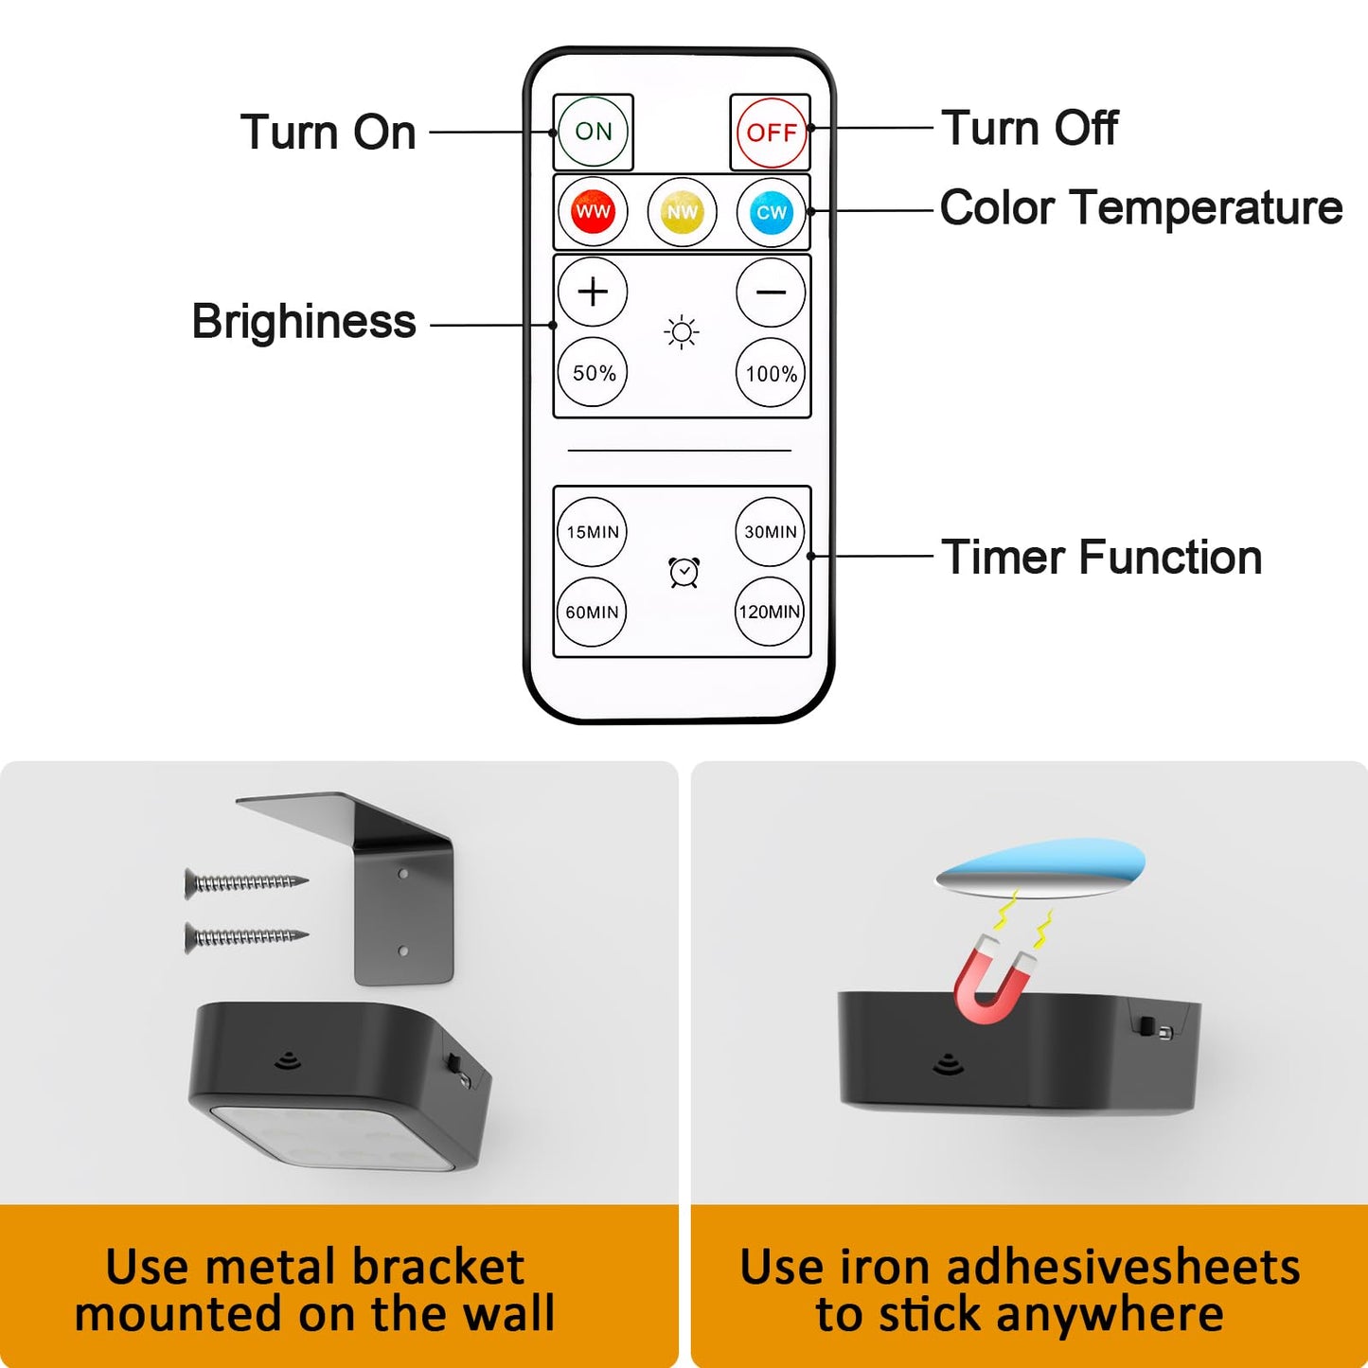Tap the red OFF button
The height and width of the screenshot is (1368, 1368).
[x=772, y=133]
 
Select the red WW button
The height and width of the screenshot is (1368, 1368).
[x=593, y=211]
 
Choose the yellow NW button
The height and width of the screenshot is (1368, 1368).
[x=683, y=211]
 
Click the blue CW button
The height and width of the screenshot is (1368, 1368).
[x=771, y=211]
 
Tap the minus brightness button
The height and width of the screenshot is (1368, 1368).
[x=771, y=292]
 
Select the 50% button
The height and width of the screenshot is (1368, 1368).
[x=593, y=372]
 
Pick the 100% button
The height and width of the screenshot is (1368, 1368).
[x=771, y=372]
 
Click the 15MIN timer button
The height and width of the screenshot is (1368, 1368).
[x=592, y=532]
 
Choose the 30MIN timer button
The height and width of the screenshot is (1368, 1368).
[x=771, y=532]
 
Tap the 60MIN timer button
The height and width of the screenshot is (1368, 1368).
[x=592, y=612]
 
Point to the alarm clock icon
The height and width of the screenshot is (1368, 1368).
[x=684, y=572]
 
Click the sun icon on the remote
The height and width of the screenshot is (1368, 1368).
[x=682, y=331]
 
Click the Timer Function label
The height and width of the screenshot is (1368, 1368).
[x=1101, y=558]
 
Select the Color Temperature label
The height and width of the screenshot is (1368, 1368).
[x=1141, y=208]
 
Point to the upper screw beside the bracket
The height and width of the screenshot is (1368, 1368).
[x=246, y=882]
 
